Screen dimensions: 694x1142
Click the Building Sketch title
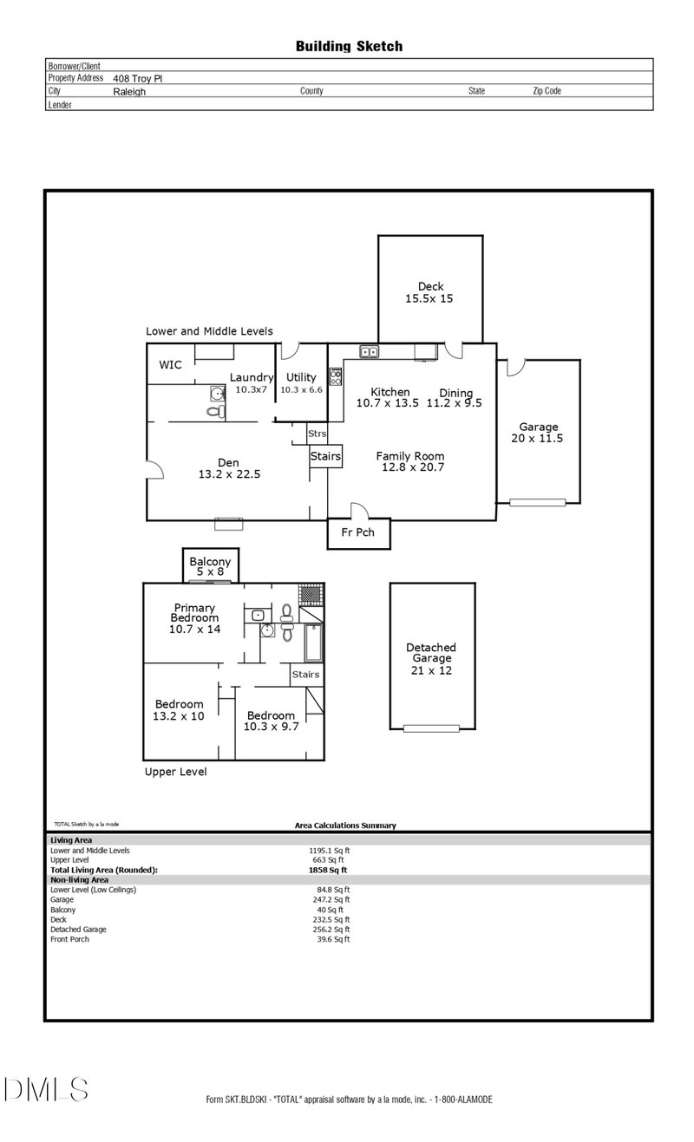(349, 47)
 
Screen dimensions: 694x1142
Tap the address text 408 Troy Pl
(137, 79)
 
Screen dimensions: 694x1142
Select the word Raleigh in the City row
(129, 92)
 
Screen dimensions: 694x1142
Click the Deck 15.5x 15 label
(429, 292)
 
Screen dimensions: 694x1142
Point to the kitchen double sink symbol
(369, 351)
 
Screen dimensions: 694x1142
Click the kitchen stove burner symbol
(336, 376)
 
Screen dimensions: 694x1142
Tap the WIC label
(170, 365)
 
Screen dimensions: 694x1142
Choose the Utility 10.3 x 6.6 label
(301, 383)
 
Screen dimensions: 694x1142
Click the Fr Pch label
(358, 532)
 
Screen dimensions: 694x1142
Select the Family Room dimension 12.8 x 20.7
(413, 467)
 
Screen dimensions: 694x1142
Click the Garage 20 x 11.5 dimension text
(537, 439)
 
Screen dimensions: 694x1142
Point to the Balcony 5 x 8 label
(210, 566)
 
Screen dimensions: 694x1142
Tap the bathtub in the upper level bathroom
(313, 643)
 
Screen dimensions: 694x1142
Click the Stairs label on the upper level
(306, 675)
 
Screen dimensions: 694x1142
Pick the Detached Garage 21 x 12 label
(431, 659)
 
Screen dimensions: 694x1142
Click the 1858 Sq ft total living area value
(328, 871)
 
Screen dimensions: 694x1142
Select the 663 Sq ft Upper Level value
(329, 860)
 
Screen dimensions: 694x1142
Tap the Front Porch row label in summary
(70, 939)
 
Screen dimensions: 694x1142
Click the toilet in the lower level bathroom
(216, 411)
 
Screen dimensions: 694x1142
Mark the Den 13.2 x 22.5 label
(229, 468)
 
